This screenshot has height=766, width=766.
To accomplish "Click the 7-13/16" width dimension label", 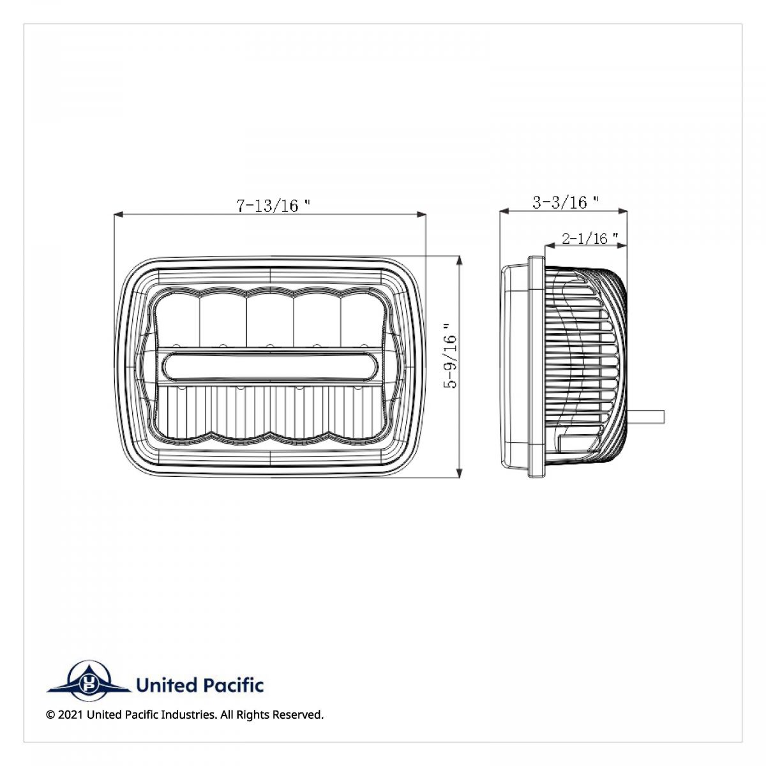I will click(273, 205).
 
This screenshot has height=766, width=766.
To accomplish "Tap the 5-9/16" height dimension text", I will click(451, 361).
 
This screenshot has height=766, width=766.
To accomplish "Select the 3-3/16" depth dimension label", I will click(565, 202).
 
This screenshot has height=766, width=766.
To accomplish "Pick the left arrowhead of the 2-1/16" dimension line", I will click(548, 245).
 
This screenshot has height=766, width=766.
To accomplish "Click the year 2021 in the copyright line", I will click(70, 714).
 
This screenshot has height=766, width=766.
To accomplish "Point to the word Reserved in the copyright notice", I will click(298, 714).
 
